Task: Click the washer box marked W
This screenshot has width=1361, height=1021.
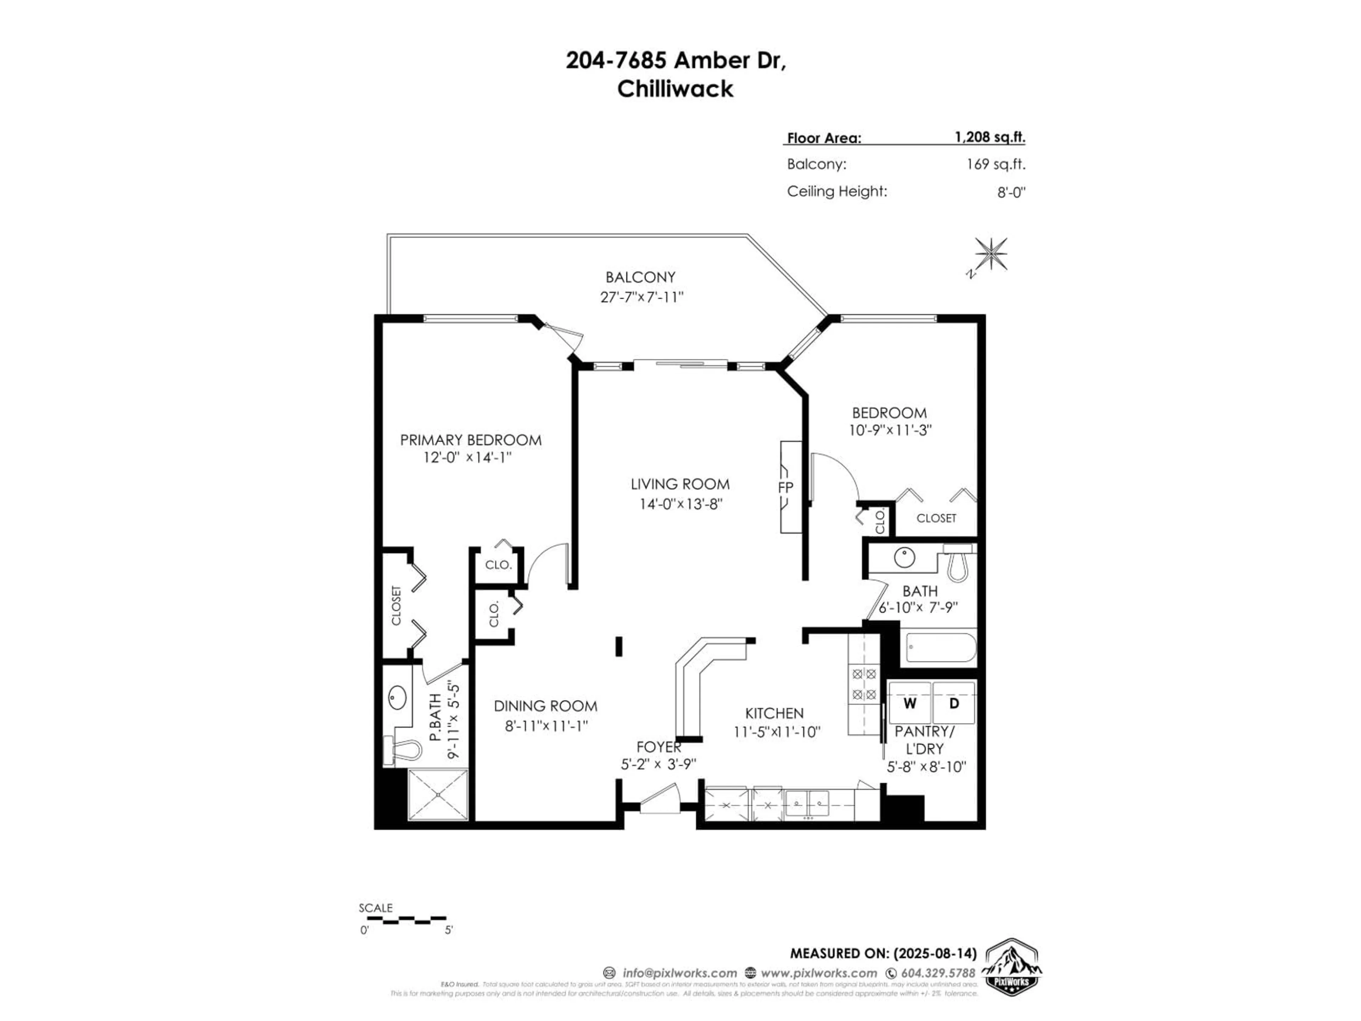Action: tap(909, 703)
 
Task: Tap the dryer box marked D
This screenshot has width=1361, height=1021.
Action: tap(954, 703)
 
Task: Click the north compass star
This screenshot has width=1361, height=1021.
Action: tap(991, 253)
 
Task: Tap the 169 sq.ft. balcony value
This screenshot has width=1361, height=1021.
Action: tap(996, 164)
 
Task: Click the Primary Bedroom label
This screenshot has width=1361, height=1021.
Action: tap(471, 440)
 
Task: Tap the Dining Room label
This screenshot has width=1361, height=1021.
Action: tap(545, 706)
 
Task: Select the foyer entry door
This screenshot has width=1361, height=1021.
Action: tap(659, 800)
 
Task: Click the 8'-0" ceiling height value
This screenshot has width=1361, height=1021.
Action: tap(1011, 192)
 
